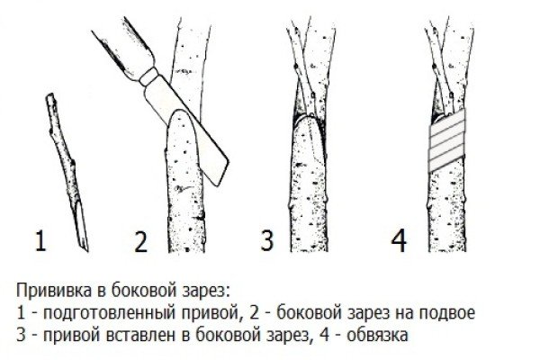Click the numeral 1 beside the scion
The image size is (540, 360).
pos(39,242)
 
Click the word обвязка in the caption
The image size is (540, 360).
pos(380,336)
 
